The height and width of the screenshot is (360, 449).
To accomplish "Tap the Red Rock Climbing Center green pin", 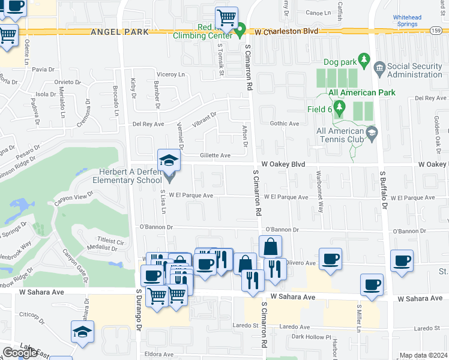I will coord(241,28).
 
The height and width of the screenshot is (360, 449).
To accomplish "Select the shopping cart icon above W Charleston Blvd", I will coord(226,17).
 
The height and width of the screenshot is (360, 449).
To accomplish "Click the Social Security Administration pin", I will coord(379,66).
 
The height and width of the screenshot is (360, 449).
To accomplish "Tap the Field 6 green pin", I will coord(340,109).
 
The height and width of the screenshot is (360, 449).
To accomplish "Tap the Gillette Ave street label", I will coord(215,155).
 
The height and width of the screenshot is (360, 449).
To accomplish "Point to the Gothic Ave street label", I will coord(285,124).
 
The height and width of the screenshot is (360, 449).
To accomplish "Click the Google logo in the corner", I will coord(19,353).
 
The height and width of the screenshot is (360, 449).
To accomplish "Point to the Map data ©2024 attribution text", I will coord(424,355).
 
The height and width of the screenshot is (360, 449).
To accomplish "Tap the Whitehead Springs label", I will coord(407,21).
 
